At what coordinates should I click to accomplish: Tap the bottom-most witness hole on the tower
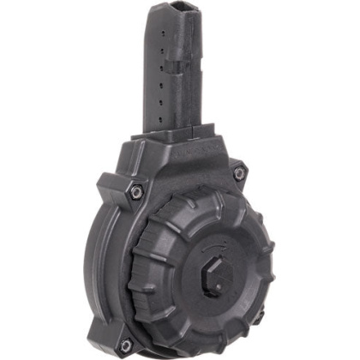(x=161, y=120)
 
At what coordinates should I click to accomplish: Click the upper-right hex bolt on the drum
(x=239, y=173)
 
